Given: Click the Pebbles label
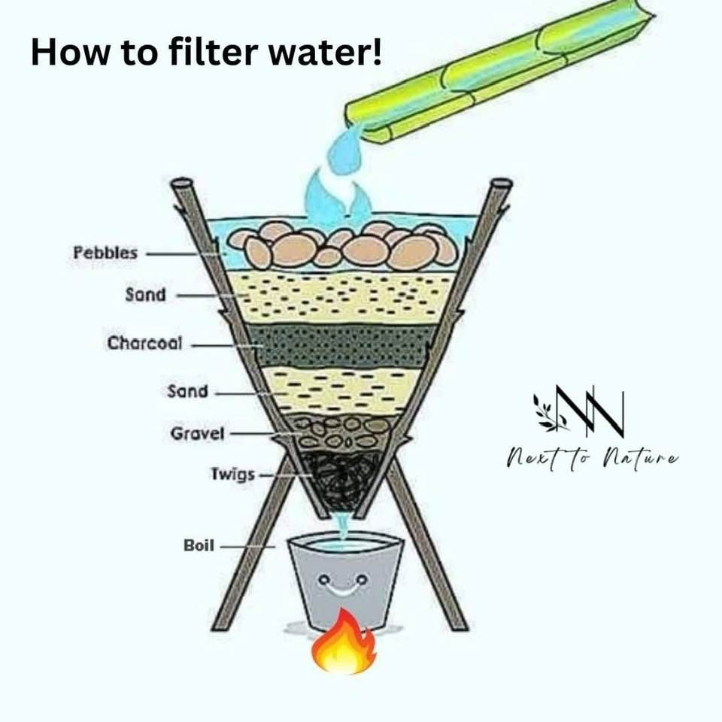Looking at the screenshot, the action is pos(105,253).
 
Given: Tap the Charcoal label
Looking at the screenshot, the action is pos(145,343).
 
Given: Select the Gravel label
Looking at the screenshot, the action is pos(198,433).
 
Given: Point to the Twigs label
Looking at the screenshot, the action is pos(232,474).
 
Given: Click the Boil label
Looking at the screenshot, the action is pos(199,545).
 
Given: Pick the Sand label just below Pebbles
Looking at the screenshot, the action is pos(145,294).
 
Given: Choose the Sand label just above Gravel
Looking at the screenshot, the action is pos(188,391).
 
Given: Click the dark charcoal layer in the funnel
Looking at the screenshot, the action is pos(341,345).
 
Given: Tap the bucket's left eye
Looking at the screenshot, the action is pos(324,578).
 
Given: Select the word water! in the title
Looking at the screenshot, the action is pos(325,52).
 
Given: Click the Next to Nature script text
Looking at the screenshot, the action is pos(592,458).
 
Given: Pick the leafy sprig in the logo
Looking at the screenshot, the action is pos(549,412).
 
